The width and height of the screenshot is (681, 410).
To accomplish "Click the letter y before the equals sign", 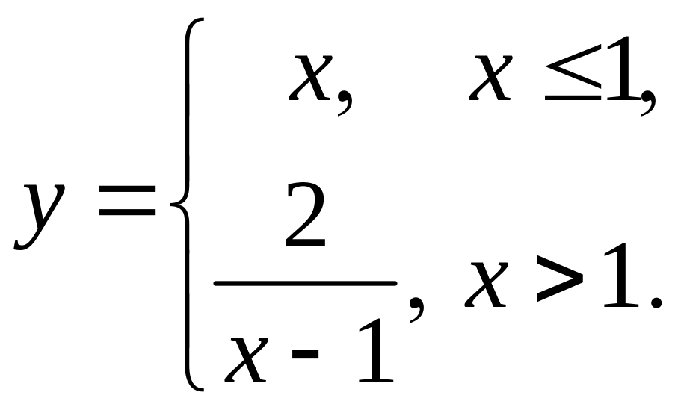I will [x=37, y=213].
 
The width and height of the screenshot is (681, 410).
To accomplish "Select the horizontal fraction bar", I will [x=304, y=283].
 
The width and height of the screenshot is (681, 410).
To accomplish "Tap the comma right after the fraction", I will [x=415, y=305].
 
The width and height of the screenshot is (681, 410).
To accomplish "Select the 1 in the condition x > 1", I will [x=622, y=280].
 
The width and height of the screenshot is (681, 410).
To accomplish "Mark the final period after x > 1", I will [x=658, y=302].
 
